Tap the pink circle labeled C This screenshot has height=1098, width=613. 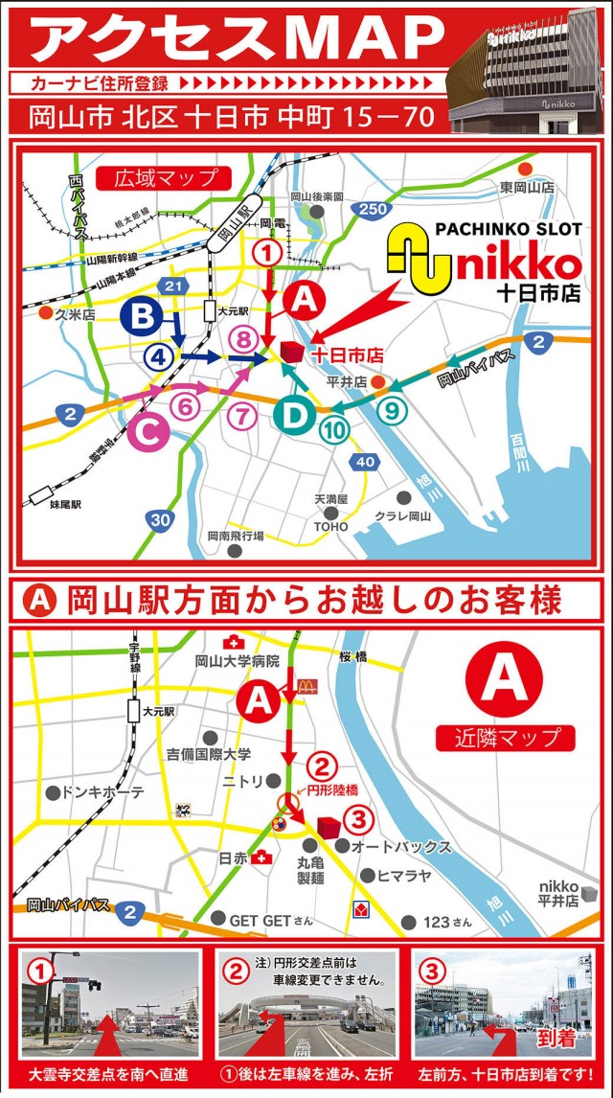pos(148,433)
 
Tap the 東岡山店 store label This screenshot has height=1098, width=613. pos(534,187)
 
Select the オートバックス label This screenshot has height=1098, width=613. pos(401,847)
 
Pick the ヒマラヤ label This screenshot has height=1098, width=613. pos(405,876)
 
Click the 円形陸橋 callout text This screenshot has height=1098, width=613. pos(333,790)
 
